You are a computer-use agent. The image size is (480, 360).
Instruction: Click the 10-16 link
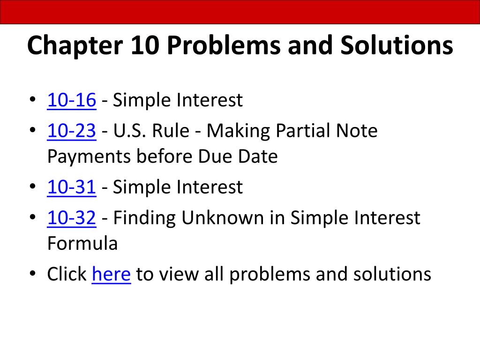pos(72,100)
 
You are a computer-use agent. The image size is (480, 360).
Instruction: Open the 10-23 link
pos(72,131)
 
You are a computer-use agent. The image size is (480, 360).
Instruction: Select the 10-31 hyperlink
pos(72,187)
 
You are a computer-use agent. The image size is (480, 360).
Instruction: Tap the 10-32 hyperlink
pos(72,217)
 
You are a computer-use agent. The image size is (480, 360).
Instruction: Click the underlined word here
pos(111,274)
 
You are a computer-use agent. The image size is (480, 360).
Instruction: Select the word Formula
pos(82,243)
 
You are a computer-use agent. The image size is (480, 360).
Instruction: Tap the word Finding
pos(144,217)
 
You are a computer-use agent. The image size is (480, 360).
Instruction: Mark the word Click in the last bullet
pos(67,274)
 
